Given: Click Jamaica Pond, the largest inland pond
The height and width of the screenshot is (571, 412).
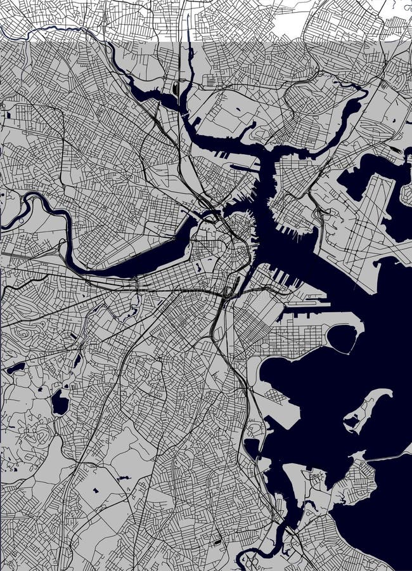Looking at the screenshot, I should pos(60,402).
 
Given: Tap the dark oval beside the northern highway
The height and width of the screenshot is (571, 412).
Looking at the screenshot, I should pos(174,88).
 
